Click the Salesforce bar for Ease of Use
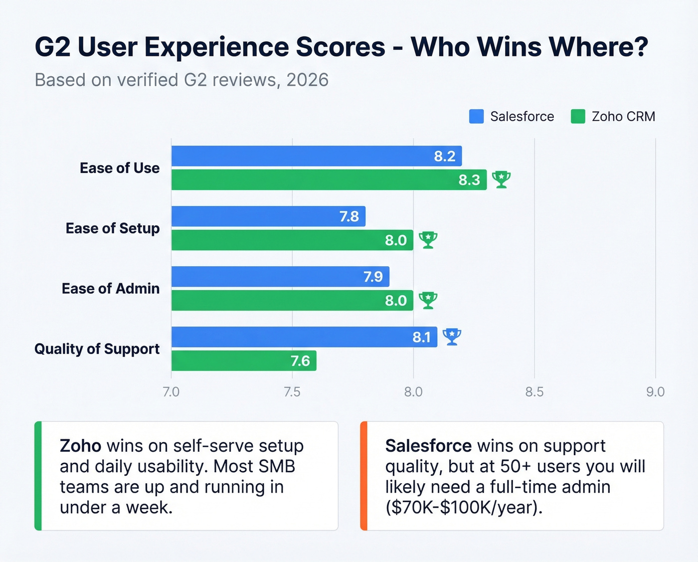(317, 156)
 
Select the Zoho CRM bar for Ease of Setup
(292, 240)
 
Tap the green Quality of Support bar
(244, 361)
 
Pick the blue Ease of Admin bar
(280, 277)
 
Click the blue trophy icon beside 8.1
(452, 337)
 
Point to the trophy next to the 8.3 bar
(501, 180)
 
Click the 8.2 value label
(444, 157)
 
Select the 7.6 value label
(300, 361)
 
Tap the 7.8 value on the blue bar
(349, 216)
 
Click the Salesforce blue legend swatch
(476, 116)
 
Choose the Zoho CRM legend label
(623, 117)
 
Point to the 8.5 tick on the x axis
(534, 392)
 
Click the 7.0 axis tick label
(171, 392)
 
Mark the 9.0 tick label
(655, 392)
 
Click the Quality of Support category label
(97, 349)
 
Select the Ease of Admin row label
(111, 289)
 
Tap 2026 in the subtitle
(307, 80)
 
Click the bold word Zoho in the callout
(80, 445)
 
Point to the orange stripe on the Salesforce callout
(363, 476)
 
